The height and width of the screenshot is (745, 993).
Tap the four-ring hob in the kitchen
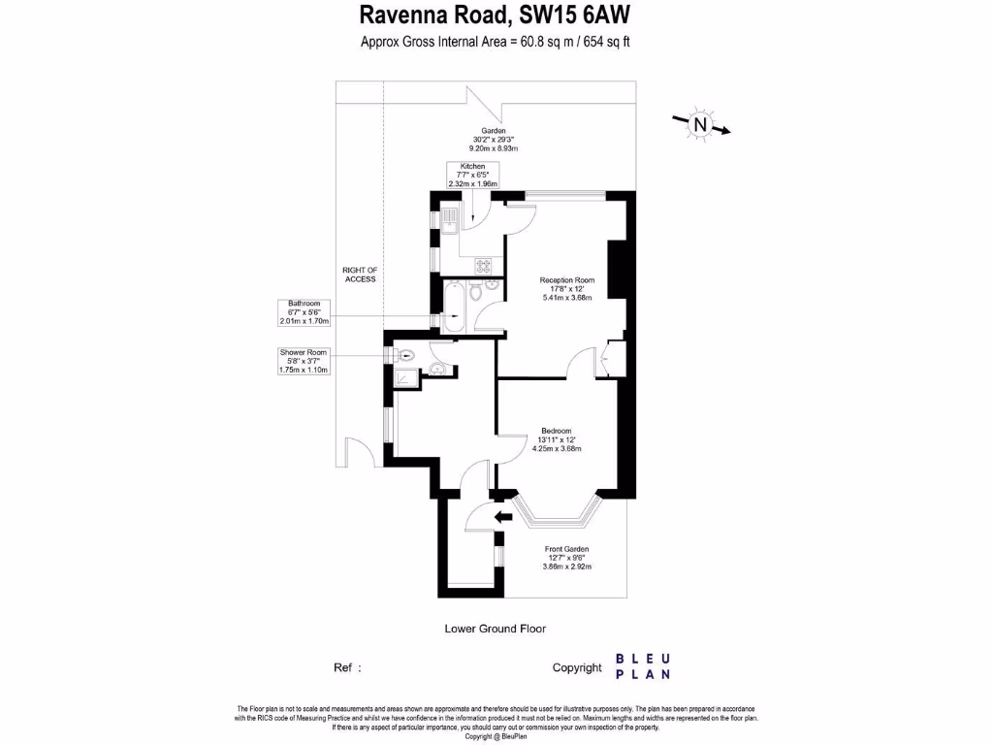click(x=483, y=264)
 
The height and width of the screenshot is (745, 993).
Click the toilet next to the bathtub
click(x=476, y=292)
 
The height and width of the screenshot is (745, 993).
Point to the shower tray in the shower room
click(x=409, y=377)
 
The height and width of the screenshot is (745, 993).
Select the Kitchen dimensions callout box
click(x=472, y=175)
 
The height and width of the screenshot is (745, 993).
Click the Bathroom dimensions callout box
click(x=304, y=312)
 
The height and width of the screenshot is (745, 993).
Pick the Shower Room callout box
click(x=304, y=361)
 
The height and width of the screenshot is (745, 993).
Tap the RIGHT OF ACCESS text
click(x=360, y=275)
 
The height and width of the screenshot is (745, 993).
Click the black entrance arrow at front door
click(x=502, y=517)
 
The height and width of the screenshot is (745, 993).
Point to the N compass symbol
click(x=699, y=124)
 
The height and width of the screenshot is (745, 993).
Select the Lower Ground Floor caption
click(x=495, y=629)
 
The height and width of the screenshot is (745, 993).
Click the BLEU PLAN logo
click(x=642, y=666)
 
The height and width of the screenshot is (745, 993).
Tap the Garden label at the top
click(x=494, y=131)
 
